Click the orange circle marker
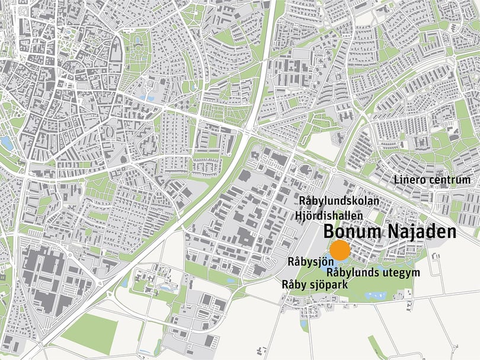(341, 250)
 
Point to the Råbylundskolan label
(339, 202)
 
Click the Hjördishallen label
(329, 216)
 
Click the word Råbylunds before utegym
(353, 273)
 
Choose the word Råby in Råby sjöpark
(295, 285)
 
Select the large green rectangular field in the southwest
(89, 332)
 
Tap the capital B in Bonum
(329, 232)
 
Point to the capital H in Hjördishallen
(297, 216)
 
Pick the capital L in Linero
(397, 180)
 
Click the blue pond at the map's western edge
(7, 142)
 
